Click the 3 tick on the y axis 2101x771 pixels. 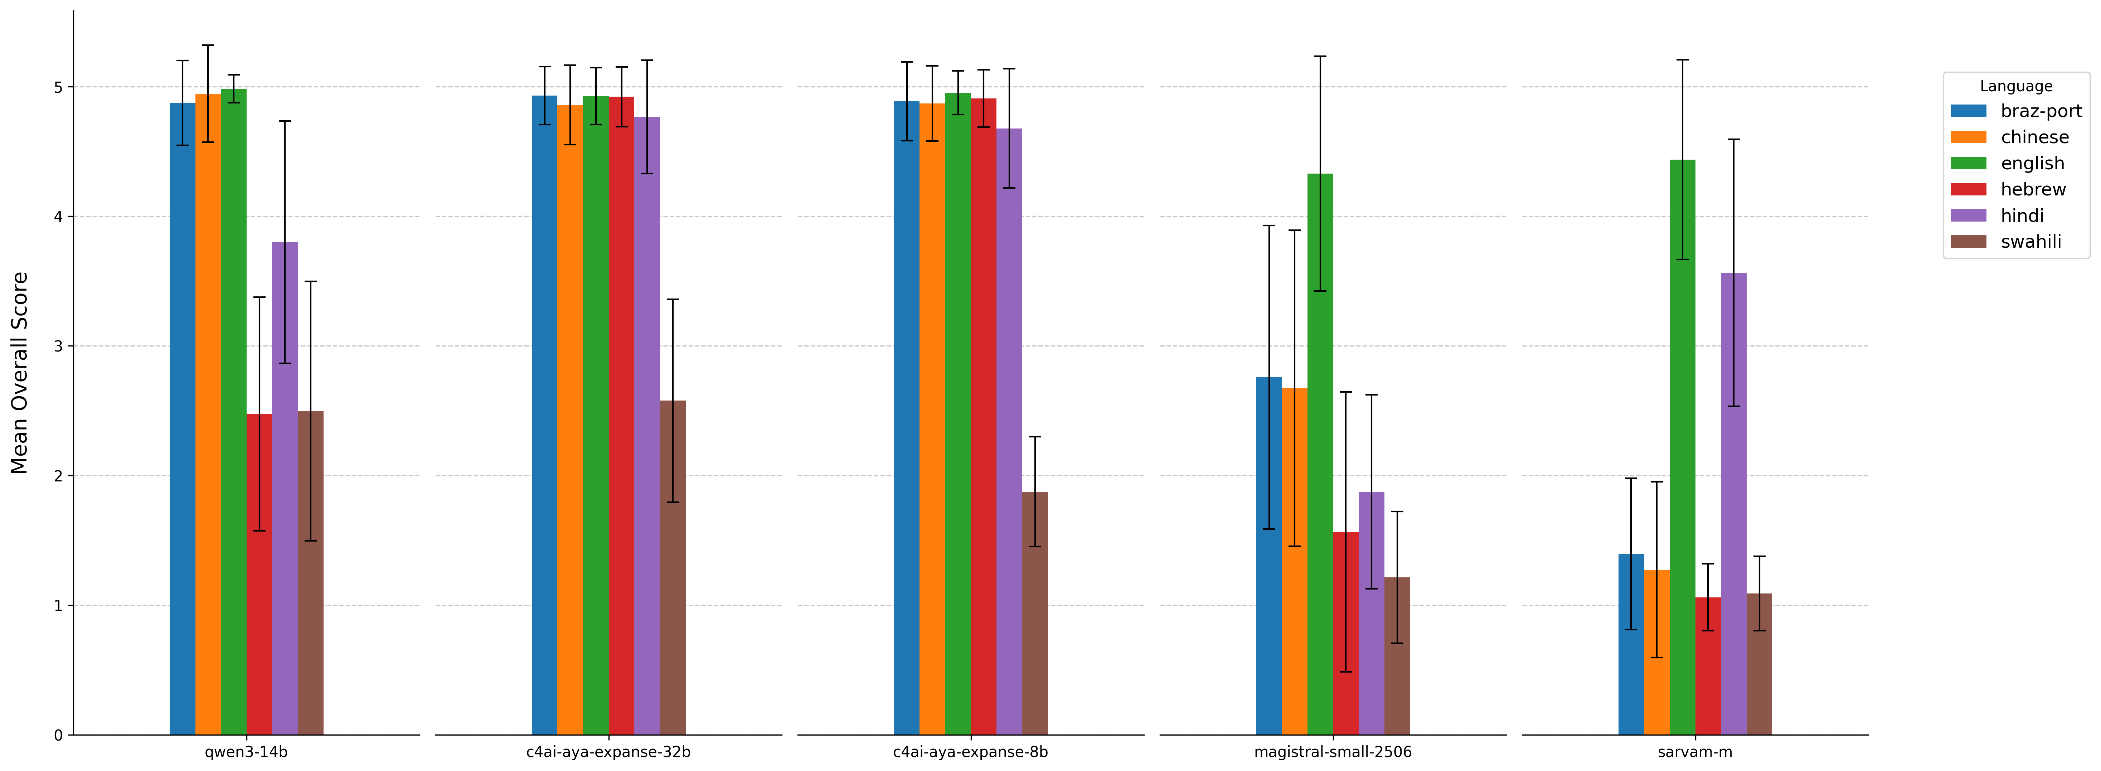tap(58, 346)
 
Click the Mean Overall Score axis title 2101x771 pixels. tap(20, 373)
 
